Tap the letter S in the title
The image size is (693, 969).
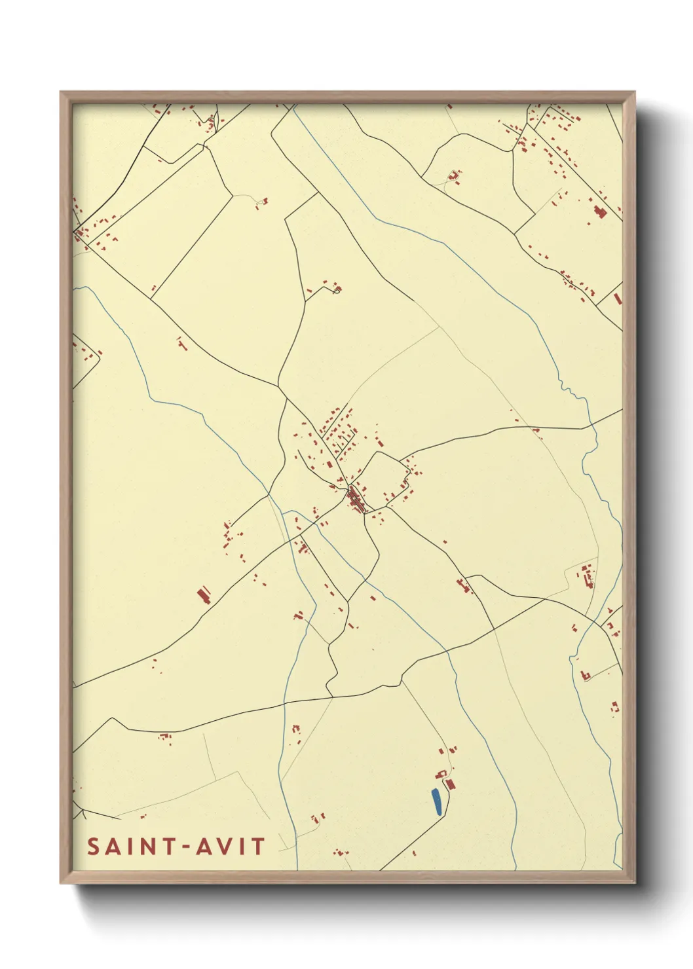(x=94, y=847)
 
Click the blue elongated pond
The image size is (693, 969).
(x=436, y=802)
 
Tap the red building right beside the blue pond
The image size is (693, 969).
(x=449, y=782)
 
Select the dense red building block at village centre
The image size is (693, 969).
(x=356, y=500)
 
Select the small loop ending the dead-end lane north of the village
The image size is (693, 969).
(x=337, y=289)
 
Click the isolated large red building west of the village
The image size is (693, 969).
(x=204, y=595)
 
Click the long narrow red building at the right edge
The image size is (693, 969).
(x=616, y=299)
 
